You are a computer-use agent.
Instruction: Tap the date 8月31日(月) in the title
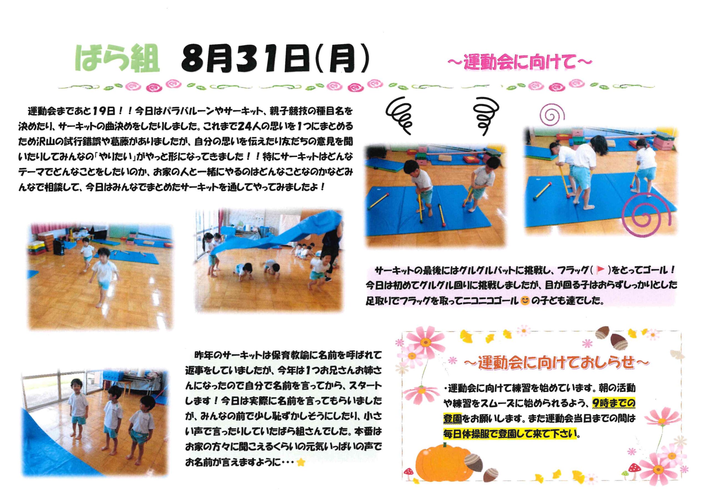(275, 59)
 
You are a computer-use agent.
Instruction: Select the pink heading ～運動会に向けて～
(520, 62)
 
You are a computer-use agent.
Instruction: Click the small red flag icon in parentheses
(600, 270)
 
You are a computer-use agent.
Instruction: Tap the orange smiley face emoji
(525, 301)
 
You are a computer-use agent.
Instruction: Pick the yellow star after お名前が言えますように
(301, 463)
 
